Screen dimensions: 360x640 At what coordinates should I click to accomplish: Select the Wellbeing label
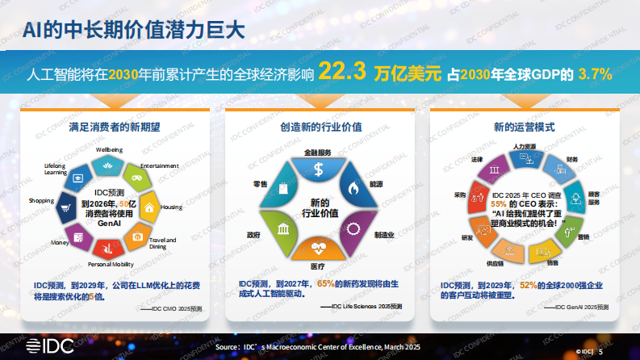[x=110, y=150]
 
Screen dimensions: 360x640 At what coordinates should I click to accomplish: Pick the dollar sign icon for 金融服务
[x=319, y=170]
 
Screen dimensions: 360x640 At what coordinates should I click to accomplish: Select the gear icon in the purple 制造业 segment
[x=353, y=228]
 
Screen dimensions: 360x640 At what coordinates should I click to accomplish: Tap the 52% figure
[x=529, y=284]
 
